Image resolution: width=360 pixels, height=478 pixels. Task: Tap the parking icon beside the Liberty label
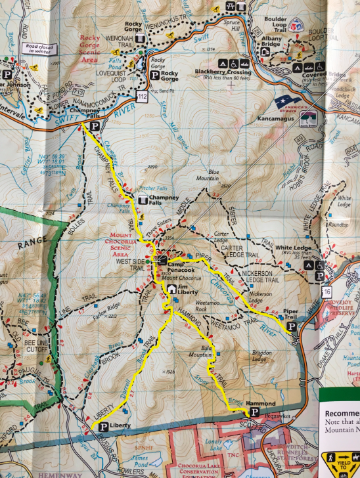pyautogui.click(x=103, y=427)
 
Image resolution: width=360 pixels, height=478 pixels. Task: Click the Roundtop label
pyautogui.click(x=339, y=224)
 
